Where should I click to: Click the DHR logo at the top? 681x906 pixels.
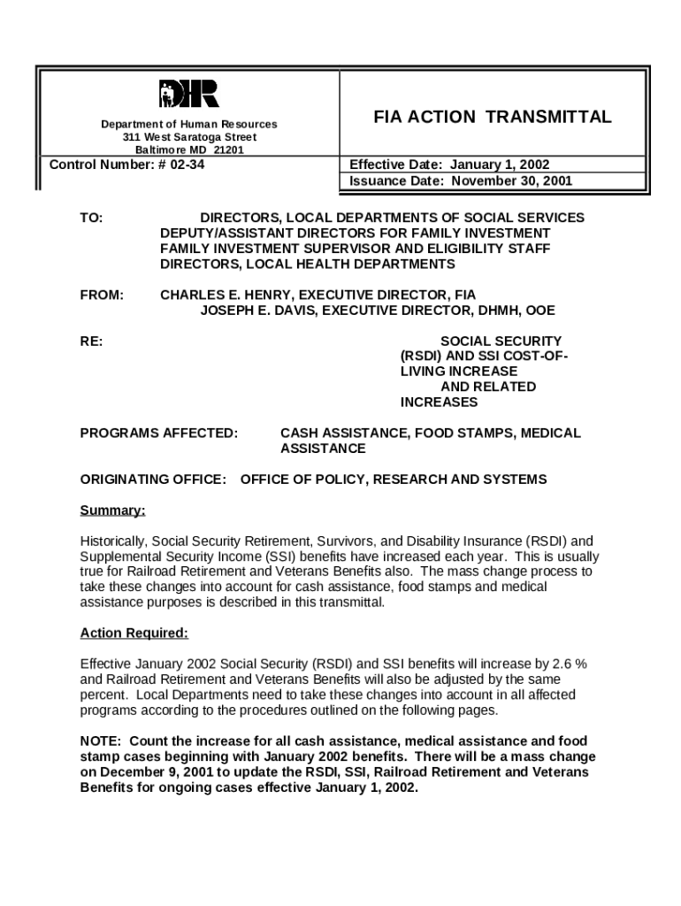point(188,94)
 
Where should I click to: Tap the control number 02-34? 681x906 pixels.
point(186,165)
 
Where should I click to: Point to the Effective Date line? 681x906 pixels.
point(449,165)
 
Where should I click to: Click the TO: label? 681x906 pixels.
point(91,218)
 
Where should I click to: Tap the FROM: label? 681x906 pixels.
point(102,295)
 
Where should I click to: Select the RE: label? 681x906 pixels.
point(91,342)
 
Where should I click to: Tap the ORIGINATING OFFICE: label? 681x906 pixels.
point(153,480)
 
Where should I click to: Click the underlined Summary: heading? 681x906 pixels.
point(112,511)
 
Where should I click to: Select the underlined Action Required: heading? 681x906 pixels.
point(134,633)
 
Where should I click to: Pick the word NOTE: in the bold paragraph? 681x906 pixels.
point(101,741)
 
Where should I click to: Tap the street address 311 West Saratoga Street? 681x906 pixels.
point(189,138)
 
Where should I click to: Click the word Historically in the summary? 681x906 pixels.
point(113,541)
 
